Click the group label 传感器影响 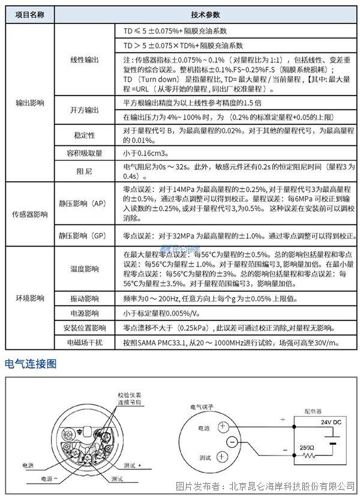click(28, 214)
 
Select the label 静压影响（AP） click(83, 203)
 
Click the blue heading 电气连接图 click(31, 364)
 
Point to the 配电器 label click(312, 412)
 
